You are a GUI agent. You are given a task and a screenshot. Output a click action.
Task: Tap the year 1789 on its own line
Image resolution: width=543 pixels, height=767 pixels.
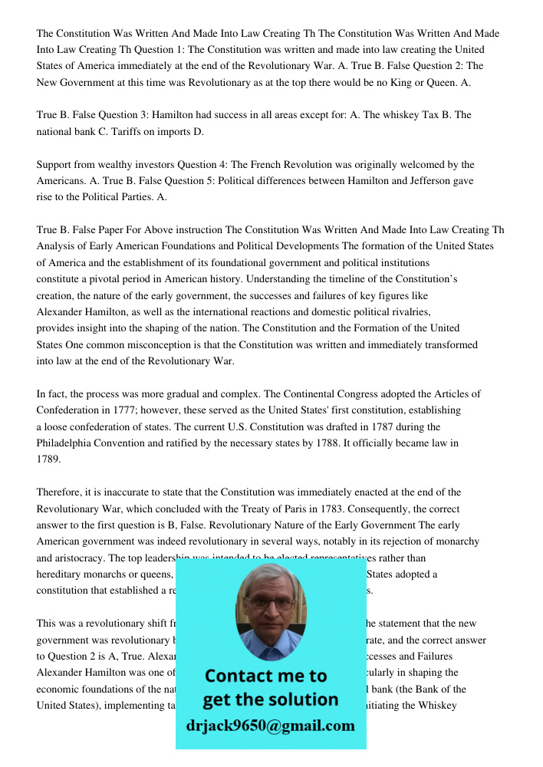coord(48,459)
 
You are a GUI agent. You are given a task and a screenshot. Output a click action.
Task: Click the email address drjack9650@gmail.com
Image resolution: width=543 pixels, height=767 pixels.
coord(270,726)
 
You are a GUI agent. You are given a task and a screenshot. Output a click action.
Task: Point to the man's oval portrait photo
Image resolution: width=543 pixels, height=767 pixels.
coord(270,612)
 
